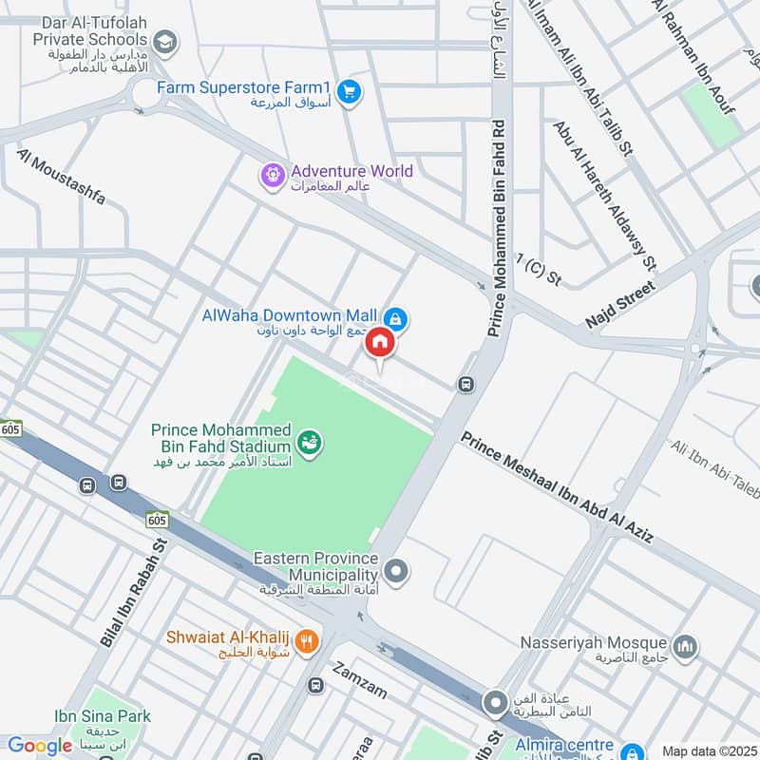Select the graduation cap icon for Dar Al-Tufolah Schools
tap(165, 41)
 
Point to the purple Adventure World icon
tap(274, 175)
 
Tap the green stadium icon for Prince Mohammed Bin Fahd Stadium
tap(309, 442)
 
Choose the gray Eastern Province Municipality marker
tap(398, 571)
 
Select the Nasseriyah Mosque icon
tap(685, 648)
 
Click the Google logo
tap(40, 746)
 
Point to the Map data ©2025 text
tap(708, 750)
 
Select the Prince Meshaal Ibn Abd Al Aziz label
tap(558, 488)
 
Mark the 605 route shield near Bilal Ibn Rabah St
tap(157, 520)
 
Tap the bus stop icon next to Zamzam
tap(315, 684)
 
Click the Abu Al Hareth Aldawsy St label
tap(604, 194)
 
